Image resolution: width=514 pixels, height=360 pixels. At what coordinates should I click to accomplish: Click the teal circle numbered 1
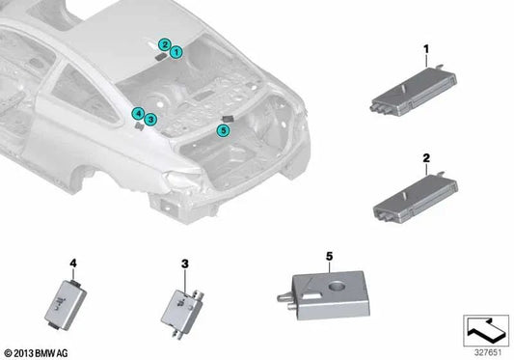coord(176,52)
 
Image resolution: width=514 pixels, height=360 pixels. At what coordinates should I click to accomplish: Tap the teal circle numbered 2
coord(165,44)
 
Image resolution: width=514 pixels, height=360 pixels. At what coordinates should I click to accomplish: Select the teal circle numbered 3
coord(150,120)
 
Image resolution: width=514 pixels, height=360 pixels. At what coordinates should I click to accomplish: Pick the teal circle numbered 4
coord(138,114)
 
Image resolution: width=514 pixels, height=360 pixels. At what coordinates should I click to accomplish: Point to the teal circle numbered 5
coord(223,130)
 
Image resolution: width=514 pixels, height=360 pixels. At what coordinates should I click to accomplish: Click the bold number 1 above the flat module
coord(426,49)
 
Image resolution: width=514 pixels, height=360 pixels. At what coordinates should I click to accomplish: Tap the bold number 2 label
coord(426,158)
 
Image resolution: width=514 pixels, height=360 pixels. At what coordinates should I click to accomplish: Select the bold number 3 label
coord(185,263)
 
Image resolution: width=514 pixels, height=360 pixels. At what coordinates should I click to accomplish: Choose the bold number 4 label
coord(73,263)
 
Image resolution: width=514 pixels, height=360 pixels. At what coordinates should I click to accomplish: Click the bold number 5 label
coord(330,256)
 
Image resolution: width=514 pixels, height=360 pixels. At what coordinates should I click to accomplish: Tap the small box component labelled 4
coord(66,304)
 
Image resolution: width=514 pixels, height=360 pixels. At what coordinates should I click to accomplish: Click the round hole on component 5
coord(337,287)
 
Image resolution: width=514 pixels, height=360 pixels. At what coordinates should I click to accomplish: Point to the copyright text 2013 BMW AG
coord(37,353)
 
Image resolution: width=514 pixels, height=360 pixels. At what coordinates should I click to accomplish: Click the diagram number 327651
coord(488,353)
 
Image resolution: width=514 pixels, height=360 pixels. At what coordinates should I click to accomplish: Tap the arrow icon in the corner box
coord(486,329)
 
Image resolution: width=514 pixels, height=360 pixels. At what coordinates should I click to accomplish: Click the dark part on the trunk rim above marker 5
coord(228,119)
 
